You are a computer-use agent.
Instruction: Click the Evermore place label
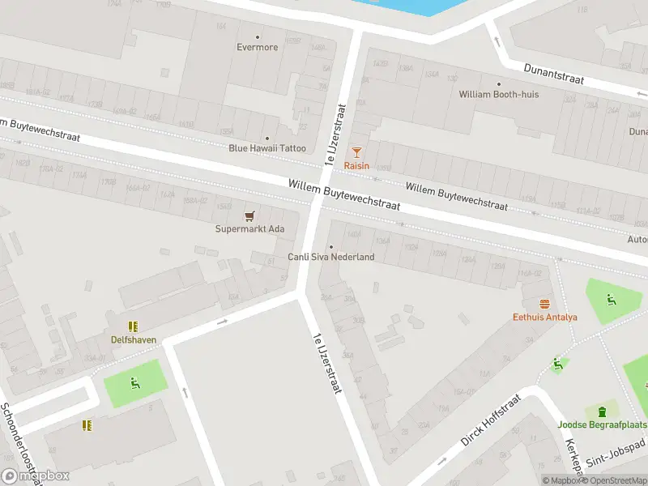258,47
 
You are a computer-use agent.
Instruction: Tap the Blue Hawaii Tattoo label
267,148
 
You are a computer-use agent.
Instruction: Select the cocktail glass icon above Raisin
356,152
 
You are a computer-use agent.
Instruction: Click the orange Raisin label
356,166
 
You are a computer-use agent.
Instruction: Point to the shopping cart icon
249,215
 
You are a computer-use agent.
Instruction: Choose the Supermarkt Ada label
249,229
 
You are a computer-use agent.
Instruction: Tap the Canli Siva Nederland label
331,258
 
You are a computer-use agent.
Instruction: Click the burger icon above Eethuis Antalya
544,304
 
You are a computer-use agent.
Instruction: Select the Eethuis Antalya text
544,317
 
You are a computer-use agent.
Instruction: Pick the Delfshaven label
134,340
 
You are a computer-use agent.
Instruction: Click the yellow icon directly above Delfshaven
134,326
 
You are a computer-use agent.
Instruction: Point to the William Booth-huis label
498,95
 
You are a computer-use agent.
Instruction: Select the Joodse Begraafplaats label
602,424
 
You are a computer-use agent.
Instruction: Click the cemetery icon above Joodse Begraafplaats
602,411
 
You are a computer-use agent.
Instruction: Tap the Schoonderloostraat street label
19,441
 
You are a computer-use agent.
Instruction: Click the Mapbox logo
36,476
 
